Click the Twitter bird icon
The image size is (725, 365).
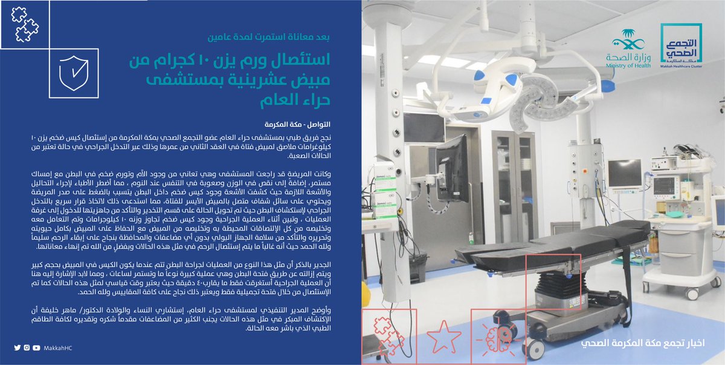pos(18,347)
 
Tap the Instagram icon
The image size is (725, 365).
pos(27,347)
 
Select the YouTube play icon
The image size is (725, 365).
pos(37,347)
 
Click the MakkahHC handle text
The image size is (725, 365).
pos(59,347)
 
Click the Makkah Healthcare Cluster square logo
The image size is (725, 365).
pos(681,47)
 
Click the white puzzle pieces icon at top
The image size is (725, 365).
pos(24,24)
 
